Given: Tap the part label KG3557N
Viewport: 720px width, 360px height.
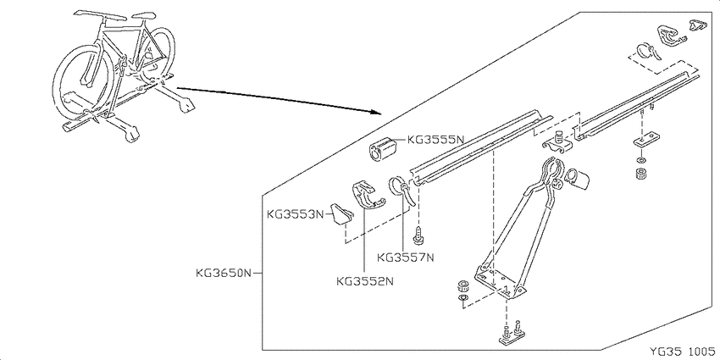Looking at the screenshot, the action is pos(406,258).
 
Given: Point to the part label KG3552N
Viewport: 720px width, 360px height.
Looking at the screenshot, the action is pos(365,280).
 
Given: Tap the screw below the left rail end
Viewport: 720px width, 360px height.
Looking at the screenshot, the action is pos(418,235).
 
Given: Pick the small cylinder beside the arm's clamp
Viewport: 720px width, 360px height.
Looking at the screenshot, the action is pos(578,179).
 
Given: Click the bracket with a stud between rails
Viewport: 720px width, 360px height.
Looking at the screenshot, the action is pos(557,143).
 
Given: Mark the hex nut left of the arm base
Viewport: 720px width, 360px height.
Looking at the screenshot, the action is pos(462,286).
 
